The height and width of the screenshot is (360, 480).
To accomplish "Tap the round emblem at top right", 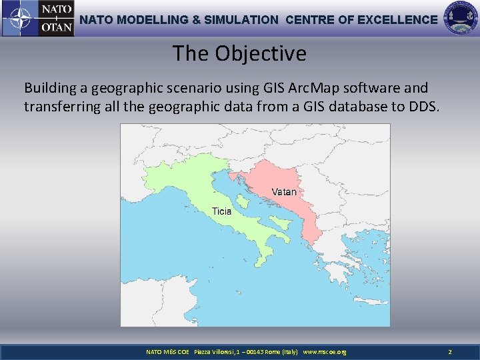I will coord(461,18).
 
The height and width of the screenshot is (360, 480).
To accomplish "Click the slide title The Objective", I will coord(239,53).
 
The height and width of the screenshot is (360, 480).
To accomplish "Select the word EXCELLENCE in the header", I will coord(397,20).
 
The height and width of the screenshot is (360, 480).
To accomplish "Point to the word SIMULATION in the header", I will coord(240,20).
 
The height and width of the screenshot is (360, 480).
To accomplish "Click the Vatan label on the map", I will coord(284,192).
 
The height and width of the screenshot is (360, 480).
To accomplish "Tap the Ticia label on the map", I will coord(221,211).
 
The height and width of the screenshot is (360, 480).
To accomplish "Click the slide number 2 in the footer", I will coord(450,351).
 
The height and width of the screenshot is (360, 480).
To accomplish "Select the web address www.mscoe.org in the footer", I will coord(325,351).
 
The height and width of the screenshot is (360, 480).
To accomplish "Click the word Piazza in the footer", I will coord(204,351).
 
